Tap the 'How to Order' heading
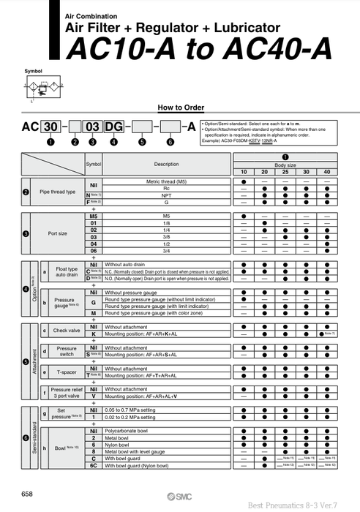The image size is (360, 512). [x=180, y=106]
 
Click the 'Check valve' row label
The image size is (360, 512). [x=67, y=331]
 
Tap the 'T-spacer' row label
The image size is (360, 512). [x=67, y=372]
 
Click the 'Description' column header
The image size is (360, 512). [x=166, y=164]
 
